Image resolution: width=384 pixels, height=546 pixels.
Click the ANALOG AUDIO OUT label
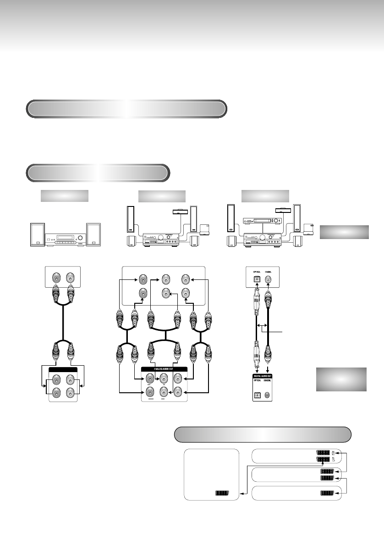165,369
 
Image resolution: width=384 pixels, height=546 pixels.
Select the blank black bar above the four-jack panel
64,369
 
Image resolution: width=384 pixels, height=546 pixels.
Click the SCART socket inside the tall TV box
222,493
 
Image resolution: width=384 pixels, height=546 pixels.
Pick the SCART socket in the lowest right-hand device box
326,494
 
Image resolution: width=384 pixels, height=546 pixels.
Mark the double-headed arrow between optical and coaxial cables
262,325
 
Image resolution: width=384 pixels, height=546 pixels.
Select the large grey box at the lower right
341,379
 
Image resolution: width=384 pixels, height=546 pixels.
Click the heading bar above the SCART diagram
263,434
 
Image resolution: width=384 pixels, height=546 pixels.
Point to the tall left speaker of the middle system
130,219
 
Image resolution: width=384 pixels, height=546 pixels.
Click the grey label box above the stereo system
64,196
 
